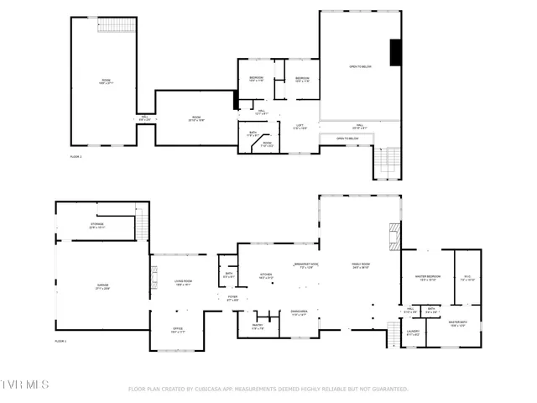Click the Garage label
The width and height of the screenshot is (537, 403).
click(102, 287)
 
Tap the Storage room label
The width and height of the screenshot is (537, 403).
click(97, 225)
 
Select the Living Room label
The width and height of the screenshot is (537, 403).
click(183, 283)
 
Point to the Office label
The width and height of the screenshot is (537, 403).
click(178, 329)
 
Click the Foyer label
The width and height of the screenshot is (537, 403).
click(232, 298)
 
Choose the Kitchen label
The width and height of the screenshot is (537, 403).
click(266, 275)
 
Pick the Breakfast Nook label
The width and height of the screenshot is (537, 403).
click(303, 265)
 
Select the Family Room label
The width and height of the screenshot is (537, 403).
click(361, 265)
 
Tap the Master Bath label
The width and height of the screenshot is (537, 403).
click(457, 323)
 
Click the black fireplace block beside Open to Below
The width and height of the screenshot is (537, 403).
click(394, 53)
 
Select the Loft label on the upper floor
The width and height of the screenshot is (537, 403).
click(299, 126)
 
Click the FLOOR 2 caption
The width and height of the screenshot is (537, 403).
click(76, 157)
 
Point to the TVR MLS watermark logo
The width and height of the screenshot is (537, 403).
click(25, 385)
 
